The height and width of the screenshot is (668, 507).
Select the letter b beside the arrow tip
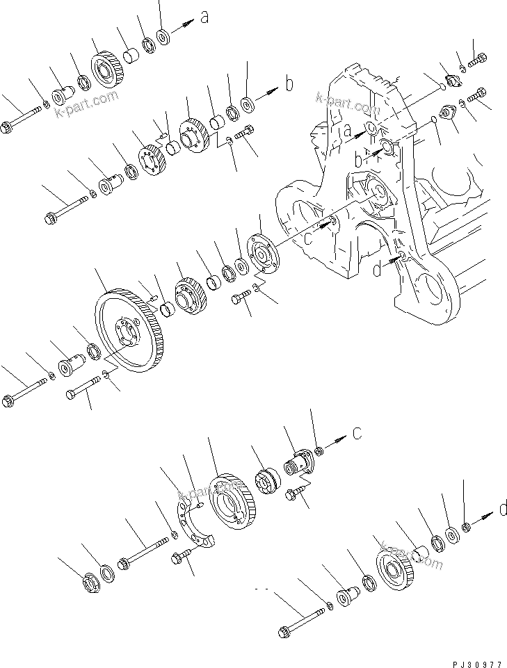(x=289, y=84)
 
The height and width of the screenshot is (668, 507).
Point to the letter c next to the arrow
(x=357, y=434)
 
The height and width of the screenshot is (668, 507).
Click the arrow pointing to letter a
(x=182, y=26)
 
